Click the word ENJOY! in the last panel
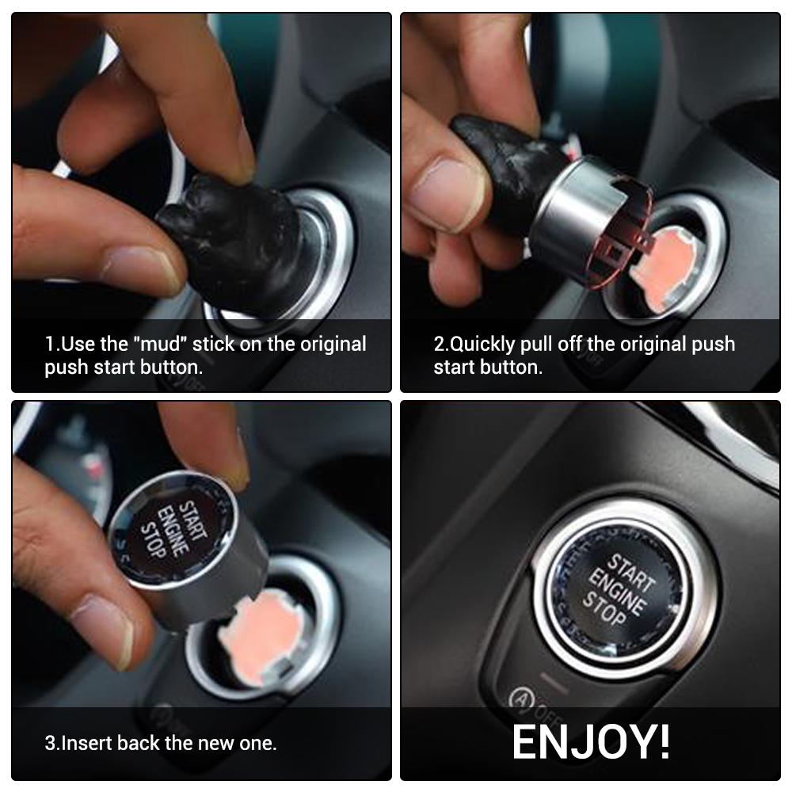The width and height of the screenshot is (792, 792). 591,741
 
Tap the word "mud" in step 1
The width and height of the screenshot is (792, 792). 161,345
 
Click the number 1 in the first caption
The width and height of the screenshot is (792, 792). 50,345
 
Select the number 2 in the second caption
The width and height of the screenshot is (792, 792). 439,345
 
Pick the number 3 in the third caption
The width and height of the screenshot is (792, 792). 50,744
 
